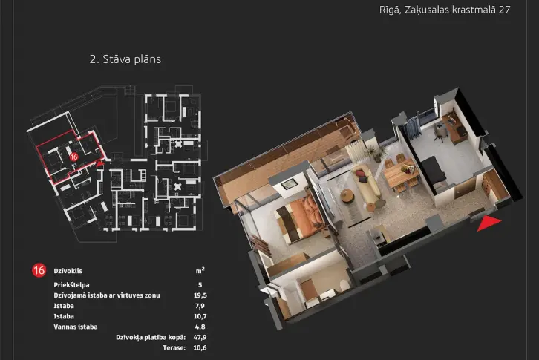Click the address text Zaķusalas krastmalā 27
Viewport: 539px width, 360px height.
(457, 10)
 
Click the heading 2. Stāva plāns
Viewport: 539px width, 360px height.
(125, 59)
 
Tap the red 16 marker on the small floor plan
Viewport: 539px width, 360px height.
(73, 157)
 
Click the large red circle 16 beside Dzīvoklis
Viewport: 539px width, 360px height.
(39, 270)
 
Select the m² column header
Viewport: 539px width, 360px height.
(200, 271)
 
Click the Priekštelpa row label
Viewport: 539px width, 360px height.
(71, 285)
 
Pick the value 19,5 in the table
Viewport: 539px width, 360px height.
(200, 295)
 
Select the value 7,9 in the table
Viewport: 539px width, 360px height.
(200, 306)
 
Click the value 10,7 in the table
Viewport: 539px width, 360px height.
(200, 316)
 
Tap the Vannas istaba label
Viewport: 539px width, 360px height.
(76, 327)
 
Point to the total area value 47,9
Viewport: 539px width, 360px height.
(200, 337)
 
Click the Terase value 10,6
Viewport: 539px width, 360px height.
(200, 347)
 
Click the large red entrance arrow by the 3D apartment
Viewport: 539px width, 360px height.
(489, 223)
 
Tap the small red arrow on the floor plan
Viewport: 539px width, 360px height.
(99, 164)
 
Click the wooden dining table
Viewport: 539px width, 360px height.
(401, 173)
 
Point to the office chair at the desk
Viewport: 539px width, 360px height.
(439, 132)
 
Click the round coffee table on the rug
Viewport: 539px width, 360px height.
(347, 196)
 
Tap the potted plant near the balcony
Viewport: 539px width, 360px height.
(376, 152)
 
